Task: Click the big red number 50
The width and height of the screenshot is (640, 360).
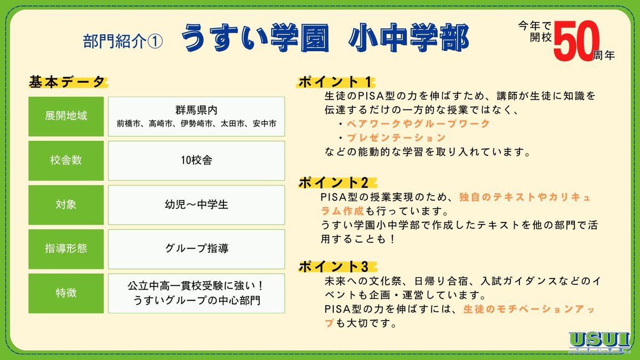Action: pos(577,41)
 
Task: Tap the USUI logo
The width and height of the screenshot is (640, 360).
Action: pos(599,342)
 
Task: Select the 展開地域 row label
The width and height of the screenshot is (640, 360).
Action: pos(66,116)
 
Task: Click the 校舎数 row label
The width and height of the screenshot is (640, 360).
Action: pos(66,161)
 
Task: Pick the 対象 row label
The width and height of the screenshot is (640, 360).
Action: pos(66,205)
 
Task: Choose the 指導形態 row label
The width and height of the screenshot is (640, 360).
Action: pos(66,249)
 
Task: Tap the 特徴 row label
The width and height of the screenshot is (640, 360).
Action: pos(66,293)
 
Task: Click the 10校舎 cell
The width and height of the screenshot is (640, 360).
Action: pos(197,161)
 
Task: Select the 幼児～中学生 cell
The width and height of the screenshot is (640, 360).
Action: pos(197,205)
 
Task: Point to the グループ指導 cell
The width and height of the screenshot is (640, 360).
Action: pos(197,249)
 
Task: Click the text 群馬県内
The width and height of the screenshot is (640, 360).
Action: pos(197,110)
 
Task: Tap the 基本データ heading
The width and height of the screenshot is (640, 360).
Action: pos(67,82)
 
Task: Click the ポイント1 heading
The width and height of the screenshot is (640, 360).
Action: pos(335,82)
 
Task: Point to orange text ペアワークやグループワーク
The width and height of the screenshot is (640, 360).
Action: pos(418,124)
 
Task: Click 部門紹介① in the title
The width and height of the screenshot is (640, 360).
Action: pos(123,42)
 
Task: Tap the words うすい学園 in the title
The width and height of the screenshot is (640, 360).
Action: pos(255,37)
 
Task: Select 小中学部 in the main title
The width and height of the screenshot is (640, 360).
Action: pos(409,37)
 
